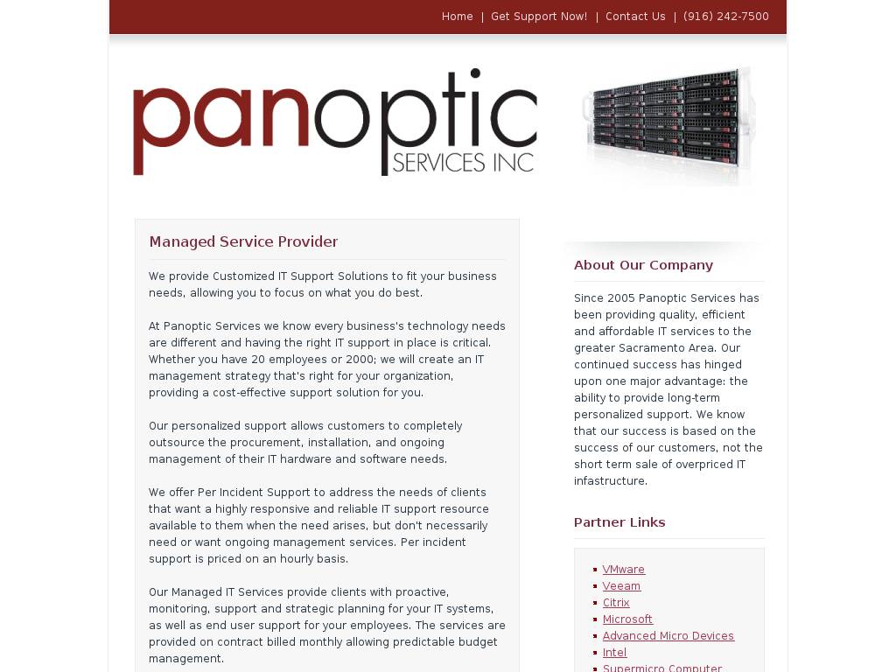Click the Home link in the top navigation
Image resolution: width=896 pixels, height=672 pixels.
[x=457, y=17]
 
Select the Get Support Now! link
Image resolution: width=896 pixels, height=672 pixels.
[x=539, y=17]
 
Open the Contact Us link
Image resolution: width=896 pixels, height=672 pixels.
[x=635, y=17]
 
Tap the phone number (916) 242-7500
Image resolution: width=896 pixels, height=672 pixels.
[x=726, y=17]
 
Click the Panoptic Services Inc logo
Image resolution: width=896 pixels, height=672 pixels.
[x=334, y=122]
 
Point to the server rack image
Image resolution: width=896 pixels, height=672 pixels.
[x=669, y=124]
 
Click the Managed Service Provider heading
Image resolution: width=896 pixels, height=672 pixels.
[x=243, y=241]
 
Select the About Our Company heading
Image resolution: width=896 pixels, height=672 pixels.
[x=643, y=265]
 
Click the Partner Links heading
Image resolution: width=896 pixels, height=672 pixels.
[x=619, y=522]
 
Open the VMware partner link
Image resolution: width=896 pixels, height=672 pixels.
[x=623, y=570]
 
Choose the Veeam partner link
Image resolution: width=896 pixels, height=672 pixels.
[x=621, y=586]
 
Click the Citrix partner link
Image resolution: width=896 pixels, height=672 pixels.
[x=616, y=603]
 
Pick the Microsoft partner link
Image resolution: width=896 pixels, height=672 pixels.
[x=627, y=619]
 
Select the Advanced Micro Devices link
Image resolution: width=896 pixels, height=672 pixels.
[x=668, y=636]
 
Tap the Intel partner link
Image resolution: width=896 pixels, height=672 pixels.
[x=614, y=653]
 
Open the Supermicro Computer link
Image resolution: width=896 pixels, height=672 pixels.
[x=661, y=668]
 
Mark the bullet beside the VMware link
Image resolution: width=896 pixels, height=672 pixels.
[x=595, y=570]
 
